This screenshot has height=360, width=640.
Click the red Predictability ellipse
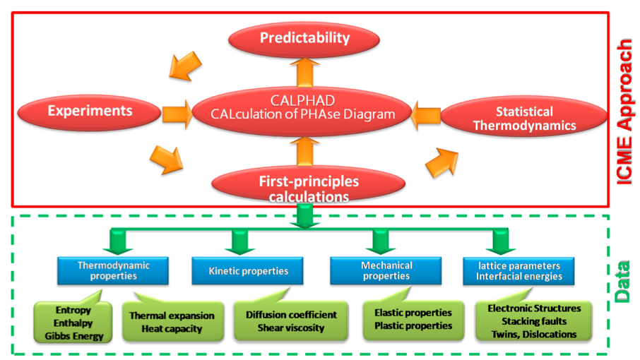(x=304, y=39)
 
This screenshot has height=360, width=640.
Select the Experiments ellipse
(x=90, y=112)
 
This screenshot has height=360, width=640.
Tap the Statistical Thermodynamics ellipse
(x=524, y=116)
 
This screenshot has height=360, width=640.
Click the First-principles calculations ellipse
(x=309, y=184)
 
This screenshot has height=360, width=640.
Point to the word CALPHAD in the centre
(x=302, y=100)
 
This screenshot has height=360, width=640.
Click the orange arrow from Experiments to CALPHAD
(x=177, y=114)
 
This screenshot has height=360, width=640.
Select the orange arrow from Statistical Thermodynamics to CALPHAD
(x=426, y=116)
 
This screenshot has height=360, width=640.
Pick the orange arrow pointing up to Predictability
(x=305, y=73)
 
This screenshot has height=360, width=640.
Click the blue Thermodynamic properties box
(x=113, y=270)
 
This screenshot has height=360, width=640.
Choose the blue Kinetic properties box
(x=248, y=271)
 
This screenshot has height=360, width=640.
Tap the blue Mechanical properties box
(x=386, y=270)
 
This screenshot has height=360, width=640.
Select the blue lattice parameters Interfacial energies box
(x=518, y=271)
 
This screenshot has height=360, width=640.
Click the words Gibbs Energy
(x=74, y=336)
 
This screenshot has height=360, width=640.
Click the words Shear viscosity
(x=290, y=328)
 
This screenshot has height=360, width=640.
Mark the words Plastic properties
(x=413, y=325)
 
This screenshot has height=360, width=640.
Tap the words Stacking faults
(x=534, y=321)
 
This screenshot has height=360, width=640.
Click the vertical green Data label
(x=622, y=282)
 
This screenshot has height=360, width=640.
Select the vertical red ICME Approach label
(x=624, y=112)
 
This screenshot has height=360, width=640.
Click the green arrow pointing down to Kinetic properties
(x=239, y=243)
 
